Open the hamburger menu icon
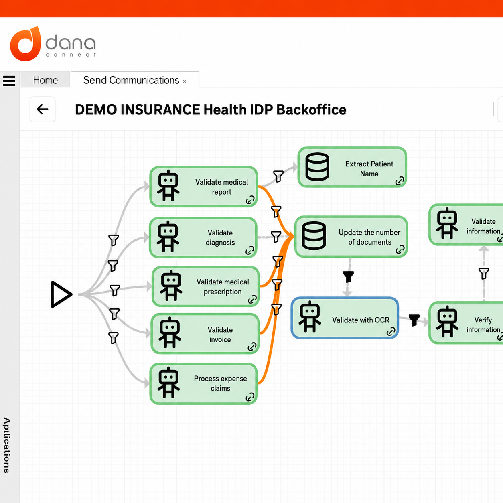click(x=9, y=81)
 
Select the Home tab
click(x=45, y=80)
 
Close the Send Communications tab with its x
click(x=185, y=81)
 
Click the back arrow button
click(x=43, y=110)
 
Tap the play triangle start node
click(x=61, y=294)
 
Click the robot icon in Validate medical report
click(x=168, y=186)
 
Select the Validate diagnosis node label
click(x=220, y=237)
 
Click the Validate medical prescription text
click(x=223, y=287)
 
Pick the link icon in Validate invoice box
click(x=252, y=347)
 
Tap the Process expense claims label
click(x=220, y=383)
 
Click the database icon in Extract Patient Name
click(x=317, y=167)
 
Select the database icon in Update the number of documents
click(x=314, y=236)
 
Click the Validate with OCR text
click(x=361, y=320)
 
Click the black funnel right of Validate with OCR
click(x=414, y=320)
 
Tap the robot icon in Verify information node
click(x=447, y=321)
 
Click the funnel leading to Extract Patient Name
click(x=278, y=176)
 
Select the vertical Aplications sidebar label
click(x=7, y=446)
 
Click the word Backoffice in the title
click(x=311, y=110)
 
